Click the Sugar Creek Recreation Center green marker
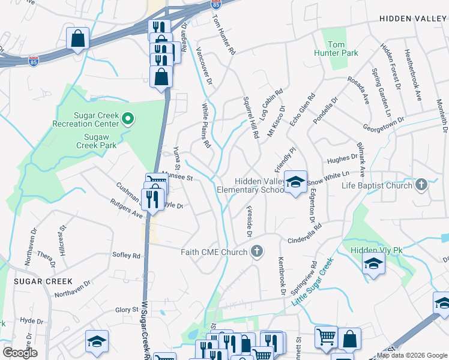coord(127,119)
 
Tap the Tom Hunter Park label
coord(335,49)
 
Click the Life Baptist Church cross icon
coord(421,185)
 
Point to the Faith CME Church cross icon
coord(257,251)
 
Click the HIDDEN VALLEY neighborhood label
coord(413,19)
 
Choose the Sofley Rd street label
coord(126,255)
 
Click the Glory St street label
coord(127,310)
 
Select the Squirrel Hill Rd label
coord(250,119)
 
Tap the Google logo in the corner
coord(20,353)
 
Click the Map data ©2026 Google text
coord(412,355)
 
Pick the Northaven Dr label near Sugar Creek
coord(72,289)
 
